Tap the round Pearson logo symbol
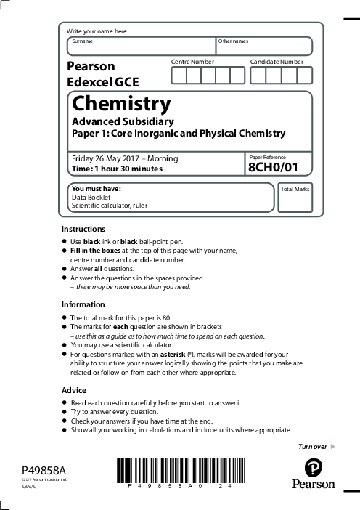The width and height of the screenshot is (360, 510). coord(313,466)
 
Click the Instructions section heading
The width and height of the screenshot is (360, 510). coord(83,229)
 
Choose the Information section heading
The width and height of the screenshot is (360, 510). coord(83,304)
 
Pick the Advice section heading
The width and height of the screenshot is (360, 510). coord(73,390)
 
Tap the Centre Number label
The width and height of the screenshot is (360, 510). coord(192,62)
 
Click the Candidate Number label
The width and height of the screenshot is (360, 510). coord(277,62)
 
